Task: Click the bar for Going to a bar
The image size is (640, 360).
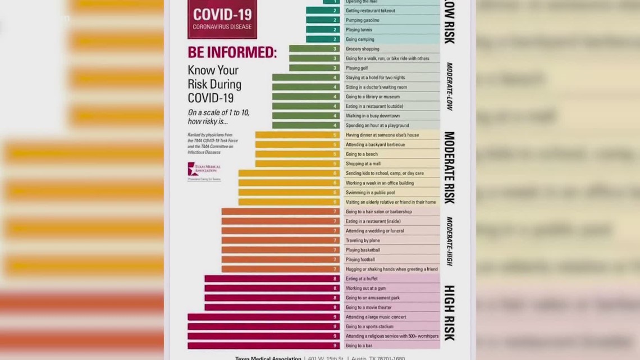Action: (263, 345)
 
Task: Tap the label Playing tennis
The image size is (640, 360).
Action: (363, 30)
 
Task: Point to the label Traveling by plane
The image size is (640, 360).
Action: (363, 240)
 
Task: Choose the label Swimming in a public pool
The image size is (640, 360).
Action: (370, 193)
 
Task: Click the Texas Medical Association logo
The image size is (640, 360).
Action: (204, 171)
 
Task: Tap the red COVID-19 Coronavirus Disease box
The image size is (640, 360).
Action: (222, 18)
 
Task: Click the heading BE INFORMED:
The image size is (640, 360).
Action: (232, 53)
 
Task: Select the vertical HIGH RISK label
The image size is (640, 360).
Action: (449, 312)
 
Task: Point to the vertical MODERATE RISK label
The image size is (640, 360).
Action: (449, 167)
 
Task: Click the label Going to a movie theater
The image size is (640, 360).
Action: (368, 307)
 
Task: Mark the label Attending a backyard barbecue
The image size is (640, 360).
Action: (375, 144)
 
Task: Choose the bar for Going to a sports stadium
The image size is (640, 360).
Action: (263, 326)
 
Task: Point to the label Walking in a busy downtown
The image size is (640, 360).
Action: (372, 116)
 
